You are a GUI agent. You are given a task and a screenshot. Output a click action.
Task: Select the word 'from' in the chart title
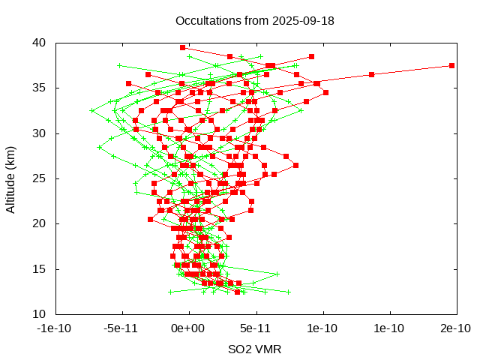coord(254,20)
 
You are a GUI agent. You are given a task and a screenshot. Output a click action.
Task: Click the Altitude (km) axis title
coord(10,178)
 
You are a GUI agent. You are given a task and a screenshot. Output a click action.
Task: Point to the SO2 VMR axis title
coord(254,349)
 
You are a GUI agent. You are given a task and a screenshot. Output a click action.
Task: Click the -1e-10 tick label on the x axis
coord(54,328)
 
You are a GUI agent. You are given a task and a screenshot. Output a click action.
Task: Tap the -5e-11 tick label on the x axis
coord(121,328)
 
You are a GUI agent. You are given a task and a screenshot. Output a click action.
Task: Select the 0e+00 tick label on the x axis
coord(188,328)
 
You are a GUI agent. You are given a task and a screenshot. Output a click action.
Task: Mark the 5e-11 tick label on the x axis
coord(255,328)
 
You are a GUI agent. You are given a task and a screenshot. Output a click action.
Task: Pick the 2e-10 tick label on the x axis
coord(455,328)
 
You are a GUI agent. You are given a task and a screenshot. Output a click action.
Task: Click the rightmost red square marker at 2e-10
coord(451,65)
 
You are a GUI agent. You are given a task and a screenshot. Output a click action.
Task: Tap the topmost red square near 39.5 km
coord(182,47)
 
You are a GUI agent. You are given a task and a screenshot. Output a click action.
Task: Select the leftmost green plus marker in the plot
coord(92,110)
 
